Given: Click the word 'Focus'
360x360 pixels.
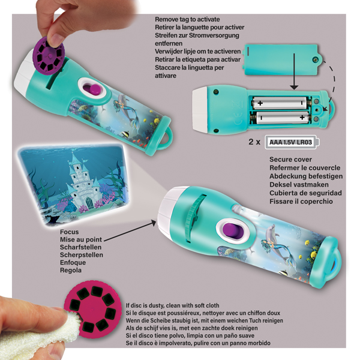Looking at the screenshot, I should [x=70, y=232].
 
